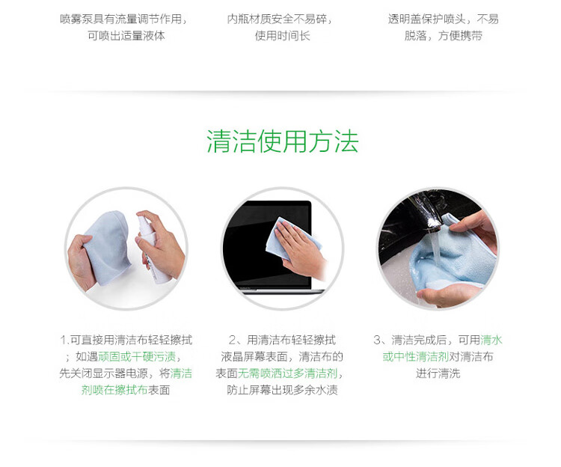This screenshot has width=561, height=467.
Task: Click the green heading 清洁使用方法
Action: coord(283,141)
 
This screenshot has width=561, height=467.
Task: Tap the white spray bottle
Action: coord(150,246)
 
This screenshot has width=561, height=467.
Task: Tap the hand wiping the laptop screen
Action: coord(301,251)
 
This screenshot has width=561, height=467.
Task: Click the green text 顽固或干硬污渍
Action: coord(137,356)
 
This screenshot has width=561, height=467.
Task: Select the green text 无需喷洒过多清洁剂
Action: coord(288,373)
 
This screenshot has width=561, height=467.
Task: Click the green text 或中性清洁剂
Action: coord(416,356)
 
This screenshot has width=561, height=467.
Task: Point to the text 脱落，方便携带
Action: coord(444,36)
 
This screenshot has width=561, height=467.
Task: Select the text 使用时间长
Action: coord(283,36)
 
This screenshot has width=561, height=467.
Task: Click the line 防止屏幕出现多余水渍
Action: coord(282,390)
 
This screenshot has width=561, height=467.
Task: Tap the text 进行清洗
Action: coord(438,373)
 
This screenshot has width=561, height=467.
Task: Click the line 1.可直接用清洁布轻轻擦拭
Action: coord(126,340)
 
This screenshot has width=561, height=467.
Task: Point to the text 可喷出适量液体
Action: coord(126,36)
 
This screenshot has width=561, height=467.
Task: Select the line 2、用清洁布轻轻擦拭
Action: coord(282,340)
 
